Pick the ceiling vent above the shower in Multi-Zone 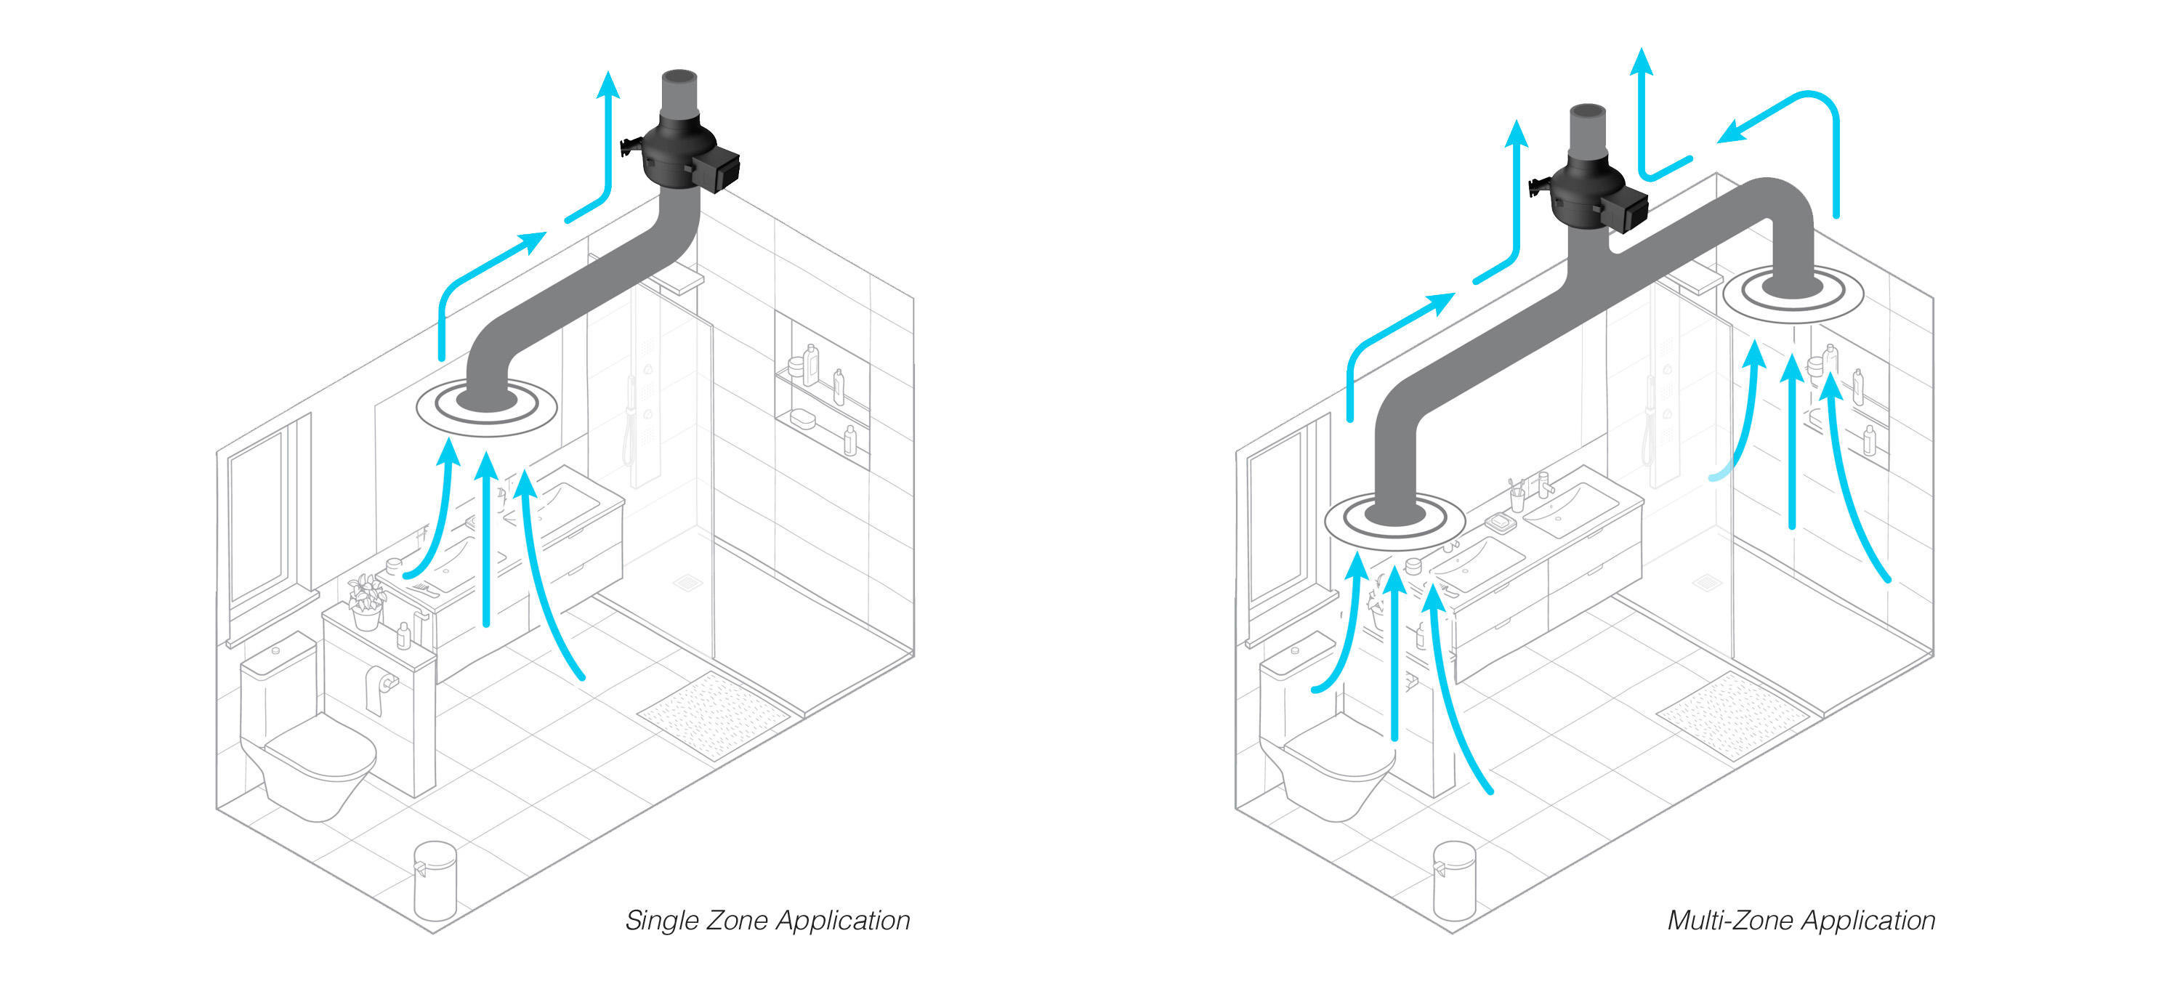click(1793, 292)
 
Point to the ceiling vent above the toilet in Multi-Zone click(1394, 519)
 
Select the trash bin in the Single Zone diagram click(435, 880)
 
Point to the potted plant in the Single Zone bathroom click(366, 601)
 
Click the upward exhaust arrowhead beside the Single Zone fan click(607, 84)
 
